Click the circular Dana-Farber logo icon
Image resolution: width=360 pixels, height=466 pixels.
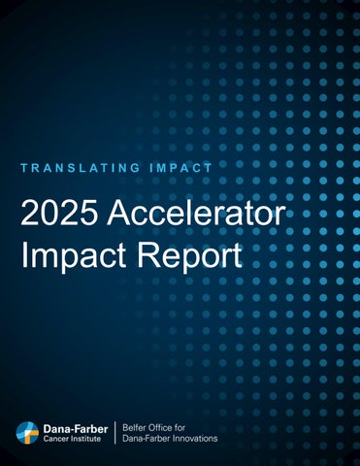tap(29, 432)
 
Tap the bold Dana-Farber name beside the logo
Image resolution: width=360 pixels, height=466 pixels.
tap(76, 427)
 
